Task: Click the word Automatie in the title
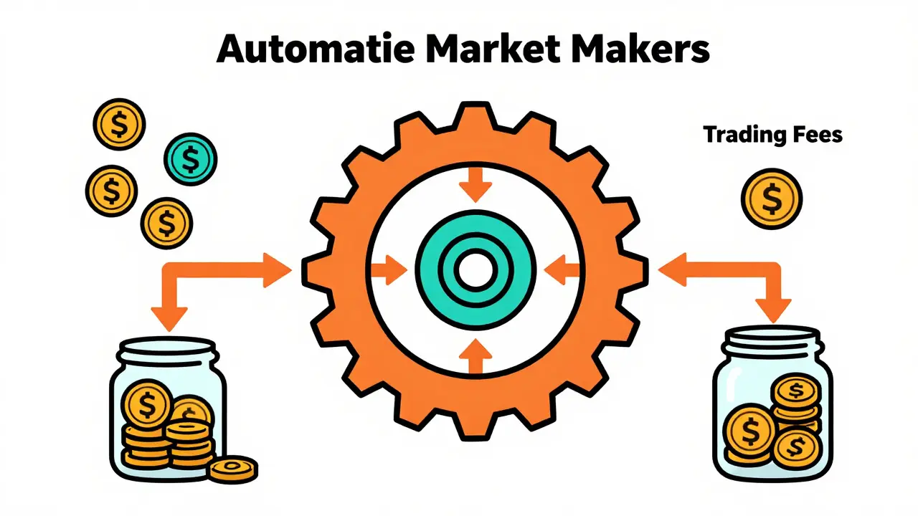point(316,48)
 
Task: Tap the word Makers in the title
point(640,48)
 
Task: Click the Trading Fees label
point(773,134)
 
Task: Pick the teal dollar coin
point(191,159)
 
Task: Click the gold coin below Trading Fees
point(772,199)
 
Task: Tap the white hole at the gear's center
point(475,271)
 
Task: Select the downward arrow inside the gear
point(475,184)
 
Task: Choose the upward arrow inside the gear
point(475,356)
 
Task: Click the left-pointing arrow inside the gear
point(562,270)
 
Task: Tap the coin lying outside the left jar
point(234,469)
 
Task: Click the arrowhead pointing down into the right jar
point(773,311)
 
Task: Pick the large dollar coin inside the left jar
point(147,403)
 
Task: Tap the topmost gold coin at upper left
point(119,124)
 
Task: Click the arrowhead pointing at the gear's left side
point(277,270)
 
